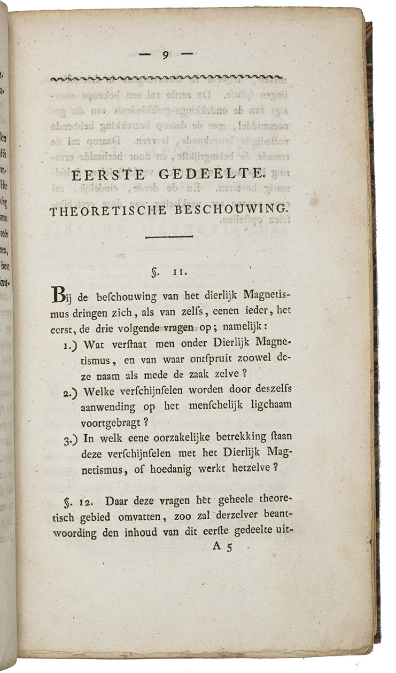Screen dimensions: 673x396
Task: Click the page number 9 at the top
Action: coord(166,54)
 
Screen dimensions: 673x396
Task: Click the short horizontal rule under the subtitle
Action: coord(168,237)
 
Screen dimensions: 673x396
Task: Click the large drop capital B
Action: coord(58,294)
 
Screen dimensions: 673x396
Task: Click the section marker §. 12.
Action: coord(70,503)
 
